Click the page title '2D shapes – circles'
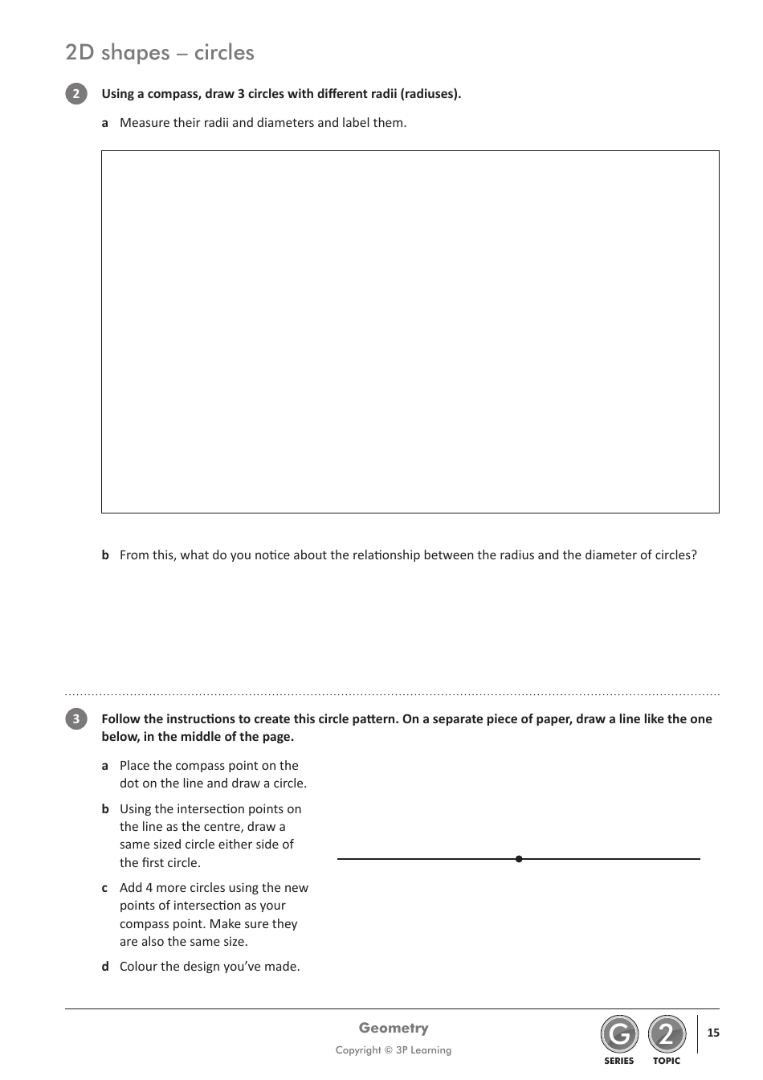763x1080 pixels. [x=160, y=52]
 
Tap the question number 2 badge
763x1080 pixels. [x=75, y=94]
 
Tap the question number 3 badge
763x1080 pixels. [x=75, y=719]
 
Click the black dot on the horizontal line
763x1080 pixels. [x=519, y=859]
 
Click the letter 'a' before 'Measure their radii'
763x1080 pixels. [x=105, y=123]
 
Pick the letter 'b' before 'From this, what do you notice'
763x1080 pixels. [x=105, y=555]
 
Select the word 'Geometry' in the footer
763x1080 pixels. [x=394, y=1029]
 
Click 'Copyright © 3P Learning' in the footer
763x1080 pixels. [x=394, y=1050]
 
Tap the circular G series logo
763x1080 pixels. [x=619, y=1035]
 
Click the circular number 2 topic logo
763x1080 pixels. [x=667, y=1035]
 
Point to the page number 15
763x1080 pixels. [x=713, y=1033]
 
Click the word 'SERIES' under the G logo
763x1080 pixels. [x=619, y=1062]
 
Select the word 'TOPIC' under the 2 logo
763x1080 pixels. [x=667, y=1062]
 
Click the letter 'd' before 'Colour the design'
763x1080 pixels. [x=105, y=967]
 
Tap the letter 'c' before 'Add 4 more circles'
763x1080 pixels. [x=105, y=888]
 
